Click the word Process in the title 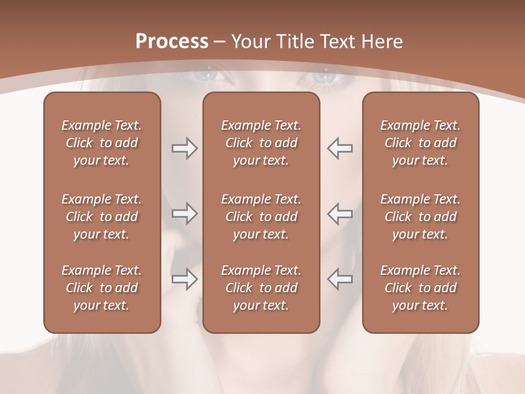click(172, 42)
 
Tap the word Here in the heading click(381, 42)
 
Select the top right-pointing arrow click(184, 149)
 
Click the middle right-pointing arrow click(184, 213)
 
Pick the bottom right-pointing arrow click(184, 279)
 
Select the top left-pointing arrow click(340, 148)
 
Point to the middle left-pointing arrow click(340, 213)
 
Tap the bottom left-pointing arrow click(340, 279)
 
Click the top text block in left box click(102, 143)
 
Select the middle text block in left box click(102, 217)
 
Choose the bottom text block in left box click(102, 288)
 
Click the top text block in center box click(261, 143)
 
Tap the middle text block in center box click(261, 217)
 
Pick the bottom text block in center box click(261, 288)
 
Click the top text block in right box click(421, 143)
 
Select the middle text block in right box click(421, 217)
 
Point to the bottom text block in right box click(421, 288)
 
